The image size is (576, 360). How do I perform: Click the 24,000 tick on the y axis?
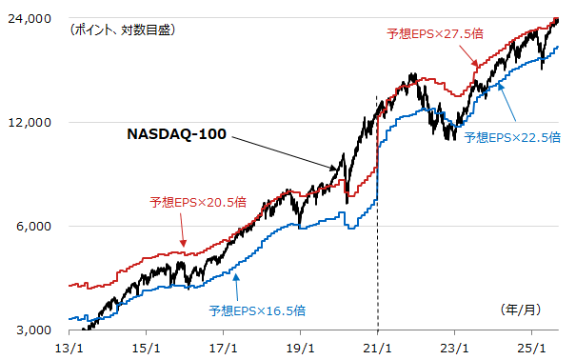(x=31, y=19)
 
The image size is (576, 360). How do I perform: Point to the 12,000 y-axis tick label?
(x=31, y=123)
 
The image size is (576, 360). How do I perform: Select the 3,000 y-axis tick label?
(x=34, y=330)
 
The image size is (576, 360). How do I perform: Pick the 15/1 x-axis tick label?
(x=146, y=347)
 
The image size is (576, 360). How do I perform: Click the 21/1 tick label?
(x=378, y=347)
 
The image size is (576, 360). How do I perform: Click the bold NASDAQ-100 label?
(x=176, y=134)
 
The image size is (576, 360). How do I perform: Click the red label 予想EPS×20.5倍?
(x=198, y=203)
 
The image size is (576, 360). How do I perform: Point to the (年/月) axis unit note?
(x=522, y=310)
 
